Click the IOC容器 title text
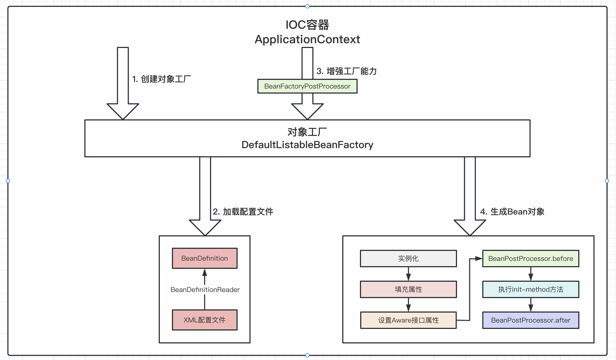tap(307, 25)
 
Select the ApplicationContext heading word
tap(307, 40)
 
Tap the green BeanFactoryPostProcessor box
tap(307, 86)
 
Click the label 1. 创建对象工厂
tap(161, 79)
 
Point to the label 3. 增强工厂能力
tap(346, 71)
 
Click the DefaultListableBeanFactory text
tap(307, 145)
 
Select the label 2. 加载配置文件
tap(243, 212)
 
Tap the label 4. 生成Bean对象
tap(512, 212)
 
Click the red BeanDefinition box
tap(205, 258)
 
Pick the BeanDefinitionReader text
tap(205, 290)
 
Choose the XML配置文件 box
tap(205, 320)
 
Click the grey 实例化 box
tap(408, 259)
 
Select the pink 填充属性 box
tap(408, 289)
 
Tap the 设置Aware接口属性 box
tap(408, 320)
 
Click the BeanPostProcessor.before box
tap(531, 259)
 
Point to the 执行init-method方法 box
tap(531, 289)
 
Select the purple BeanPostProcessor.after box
tap(531, 320)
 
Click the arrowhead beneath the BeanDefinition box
tap(205, 273)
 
